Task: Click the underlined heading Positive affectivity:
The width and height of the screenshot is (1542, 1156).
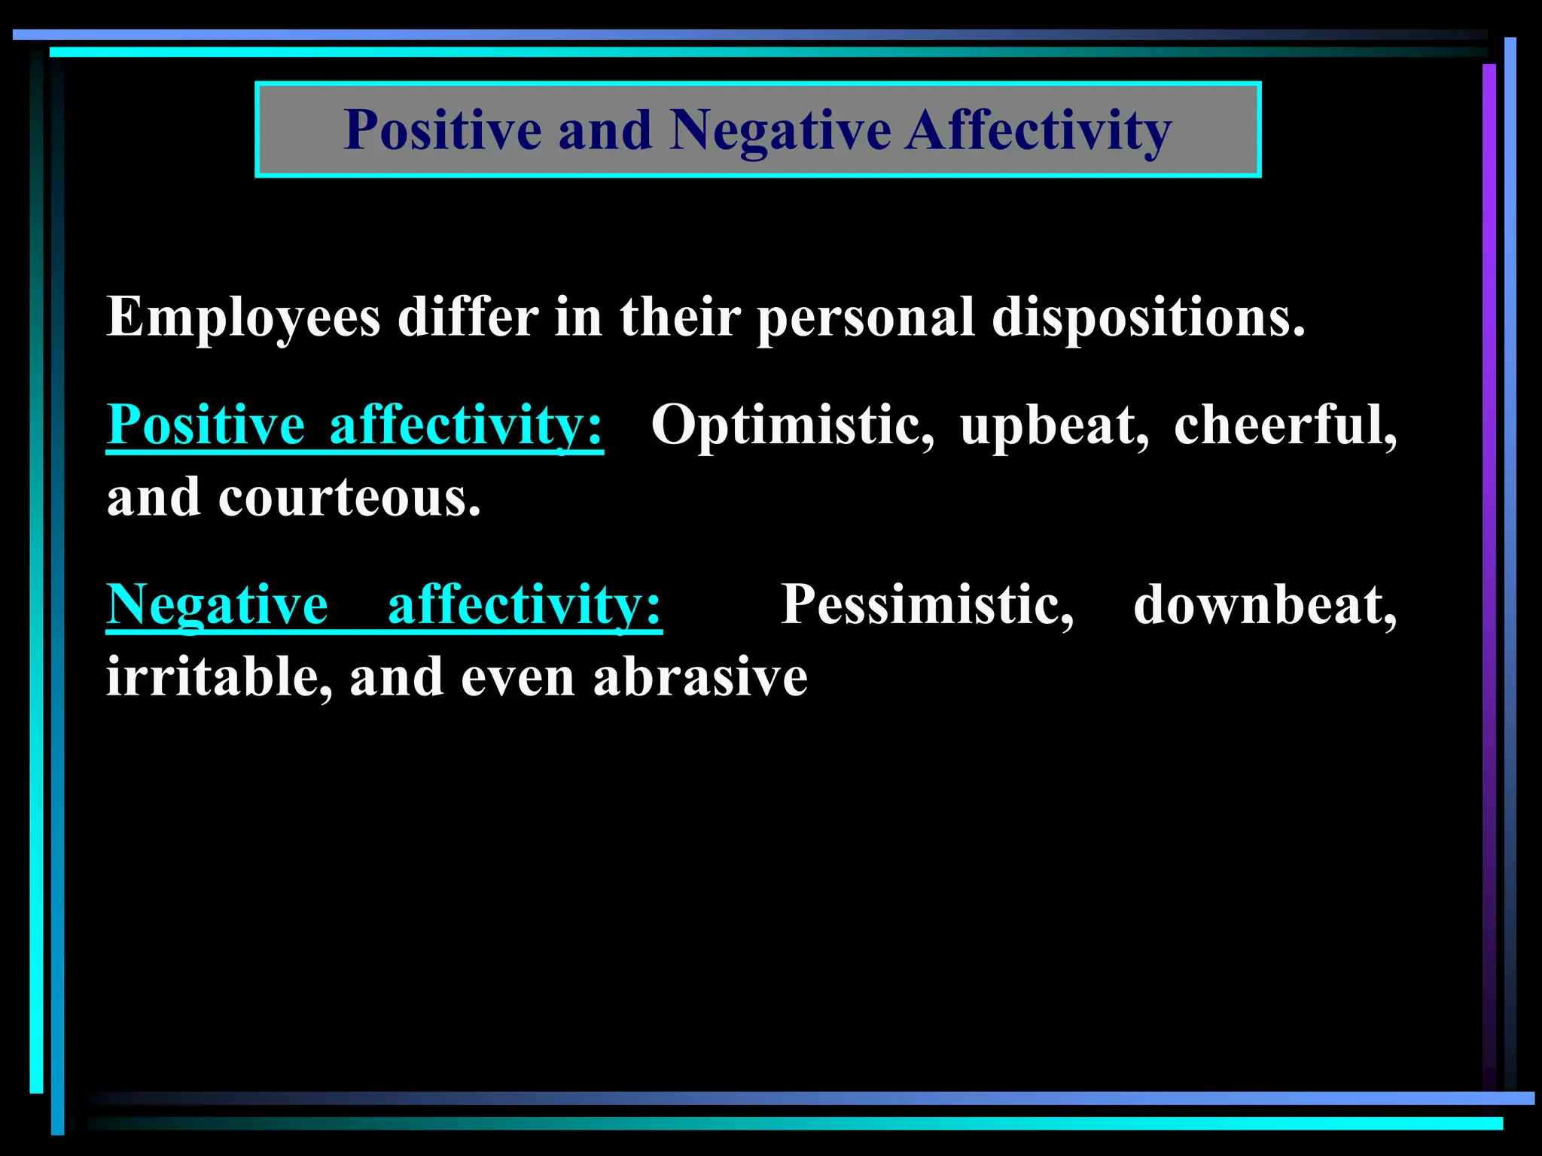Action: coord(355,425)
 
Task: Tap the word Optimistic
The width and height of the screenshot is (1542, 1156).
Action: coord(792,425)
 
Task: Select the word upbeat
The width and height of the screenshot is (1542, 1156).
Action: coord(1054,425)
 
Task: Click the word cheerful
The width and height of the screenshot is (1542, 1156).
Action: coord(1284,425)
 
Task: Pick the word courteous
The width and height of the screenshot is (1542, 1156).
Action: coord(349,498)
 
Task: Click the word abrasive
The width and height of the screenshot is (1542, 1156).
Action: coord(700,677)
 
